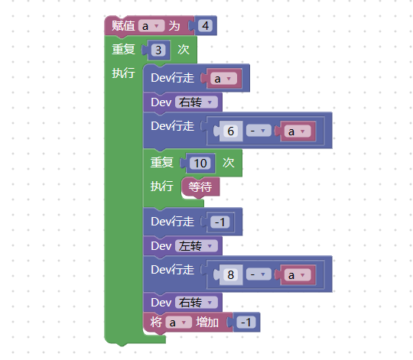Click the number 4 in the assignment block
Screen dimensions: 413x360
[x=206, y=26]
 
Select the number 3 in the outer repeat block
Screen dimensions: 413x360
[x=158, y=50]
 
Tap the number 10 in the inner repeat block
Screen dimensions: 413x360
[x=200, y=164]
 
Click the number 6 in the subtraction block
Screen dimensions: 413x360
[x=231, y=131]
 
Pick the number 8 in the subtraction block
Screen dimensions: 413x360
[x=231, y=274]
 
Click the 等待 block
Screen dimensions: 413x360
[x=200, y=187]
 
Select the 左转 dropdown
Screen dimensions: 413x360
[x=197, y=246]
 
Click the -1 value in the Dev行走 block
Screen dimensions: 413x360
[x=220, y=222]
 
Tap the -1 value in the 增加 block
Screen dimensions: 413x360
[x=246, y=323]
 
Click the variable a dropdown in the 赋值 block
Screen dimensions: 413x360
[x=151, y=26]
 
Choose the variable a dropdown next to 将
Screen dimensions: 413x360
[x=178, y=323]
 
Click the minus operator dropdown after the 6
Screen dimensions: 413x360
[x=259, y=131]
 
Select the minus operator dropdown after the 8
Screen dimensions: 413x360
[x=259, y=274]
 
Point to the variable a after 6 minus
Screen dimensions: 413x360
[x=298, y=131]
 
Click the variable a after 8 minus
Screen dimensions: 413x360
[x=298, y=275]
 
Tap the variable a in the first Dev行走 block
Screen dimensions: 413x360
[x=223, y=79]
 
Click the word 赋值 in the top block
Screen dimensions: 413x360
[x=123, y=26]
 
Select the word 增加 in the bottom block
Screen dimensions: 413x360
[x=207, y=323]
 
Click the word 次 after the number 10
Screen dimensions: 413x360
[x=229, y=163]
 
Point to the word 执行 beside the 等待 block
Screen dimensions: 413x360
[x=161, y=186]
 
